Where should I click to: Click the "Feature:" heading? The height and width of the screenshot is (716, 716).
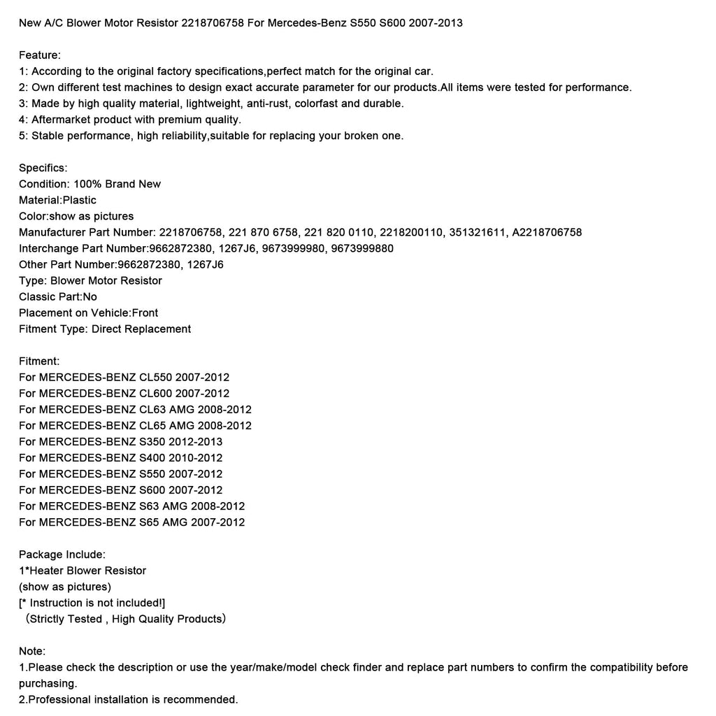point(40,55)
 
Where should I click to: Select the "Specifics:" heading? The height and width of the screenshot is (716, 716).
point(43,168)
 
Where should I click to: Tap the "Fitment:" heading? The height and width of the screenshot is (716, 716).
point(39,361)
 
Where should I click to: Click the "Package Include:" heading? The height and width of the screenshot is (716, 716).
point(62,554)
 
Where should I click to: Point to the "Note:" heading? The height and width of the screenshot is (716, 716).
point(32,651)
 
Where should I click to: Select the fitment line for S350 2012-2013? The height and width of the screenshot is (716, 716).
point(120,441)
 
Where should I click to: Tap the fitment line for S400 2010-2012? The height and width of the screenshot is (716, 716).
point(120,457)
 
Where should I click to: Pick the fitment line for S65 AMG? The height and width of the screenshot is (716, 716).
point(132,522)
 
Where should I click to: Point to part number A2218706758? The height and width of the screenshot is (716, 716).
point(547,232)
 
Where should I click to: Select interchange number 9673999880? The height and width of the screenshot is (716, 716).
point(364,248)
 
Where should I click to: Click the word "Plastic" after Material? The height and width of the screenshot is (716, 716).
point(80,200)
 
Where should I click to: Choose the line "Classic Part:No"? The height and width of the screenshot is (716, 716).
point(58,296)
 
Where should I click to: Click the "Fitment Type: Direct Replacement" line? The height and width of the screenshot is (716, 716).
point(105,329)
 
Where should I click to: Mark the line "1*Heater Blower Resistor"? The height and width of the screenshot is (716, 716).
point(83,571)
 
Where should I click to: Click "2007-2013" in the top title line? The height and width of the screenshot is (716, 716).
point(436,23)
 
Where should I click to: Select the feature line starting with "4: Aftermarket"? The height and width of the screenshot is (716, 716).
point(130,120)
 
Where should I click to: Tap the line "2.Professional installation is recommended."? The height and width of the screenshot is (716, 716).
point(129,699)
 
